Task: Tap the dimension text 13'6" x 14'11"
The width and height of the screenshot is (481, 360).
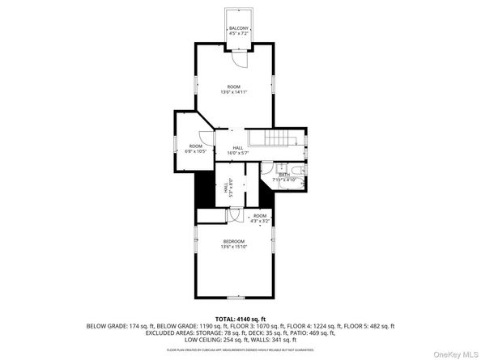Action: pos(233,92)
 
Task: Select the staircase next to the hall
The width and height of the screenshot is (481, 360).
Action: pos(276,138)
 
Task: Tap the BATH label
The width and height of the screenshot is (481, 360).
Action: pos(284,174)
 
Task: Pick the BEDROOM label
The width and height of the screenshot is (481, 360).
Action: pos(233,241)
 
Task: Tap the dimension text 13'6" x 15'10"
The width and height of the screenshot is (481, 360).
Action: pos(233,247)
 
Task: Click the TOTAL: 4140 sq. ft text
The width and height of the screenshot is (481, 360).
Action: pos(240,319)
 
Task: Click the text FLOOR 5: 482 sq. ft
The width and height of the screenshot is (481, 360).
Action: pos(368,325)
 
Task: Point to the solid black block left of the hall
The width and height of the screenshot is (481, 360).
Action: pos(202,193)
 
